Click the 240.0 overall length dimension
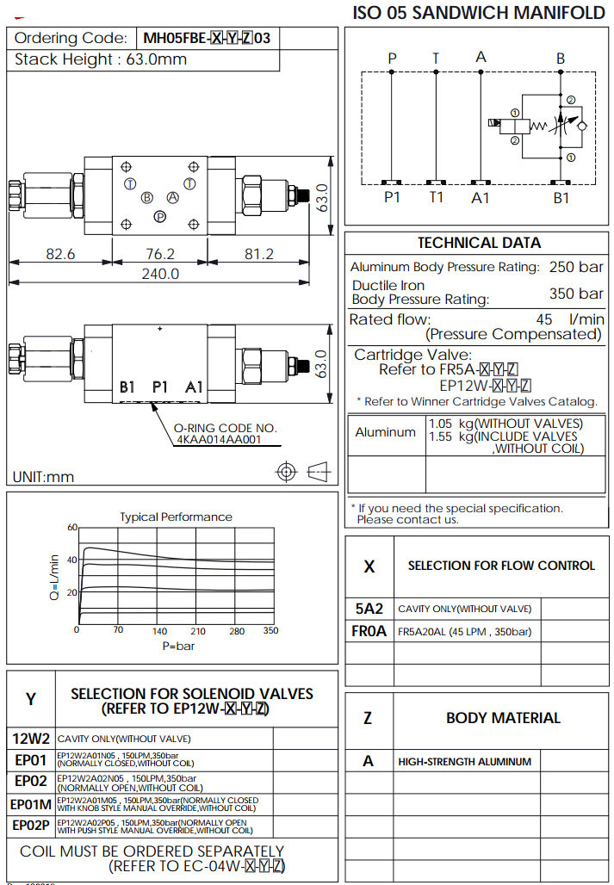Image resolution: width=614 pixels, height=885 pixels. pos(160,274)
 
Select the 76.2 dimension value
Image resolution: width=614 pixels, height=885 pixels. pos(160,254)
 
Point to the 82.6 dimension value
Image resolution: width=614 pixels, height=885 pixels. pos(60,254)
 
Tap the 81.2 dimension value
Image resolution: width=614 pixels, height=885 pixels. pos(258,254)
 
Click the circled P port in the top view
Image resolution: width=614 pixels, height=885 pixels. pos(159,217)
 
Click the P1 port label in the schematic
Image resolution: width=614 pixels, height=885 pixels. pos(393,197)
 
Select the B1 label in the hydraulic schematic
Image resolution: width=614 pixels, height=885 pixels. pos(561,197)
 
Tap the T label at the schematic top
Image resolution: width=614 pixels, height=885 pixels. pos(436,59)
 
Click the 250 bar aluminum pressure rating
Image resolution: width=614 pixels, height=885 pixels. pos(576,267)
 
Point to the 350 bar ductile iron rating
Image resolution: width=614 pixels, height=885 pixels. pos(576,294)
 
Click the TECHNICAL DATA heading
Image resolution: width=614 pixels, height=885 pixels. pos(479,243)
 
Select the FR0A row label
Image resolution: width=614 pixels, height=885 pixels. pos(369,631)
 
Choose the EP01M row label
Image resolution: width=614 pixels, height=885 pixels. pos(31,804)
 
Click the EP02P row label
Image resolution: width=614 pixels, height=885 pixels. pos(31,826)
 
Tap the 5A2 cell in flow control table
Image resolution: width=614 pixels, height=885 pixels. pos(369,609)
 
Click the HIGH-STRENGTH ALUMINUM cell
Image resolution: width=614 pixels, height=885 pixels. pos(464,761)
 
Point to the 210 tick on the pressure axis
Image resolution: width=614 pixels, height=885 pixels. pos(199,631)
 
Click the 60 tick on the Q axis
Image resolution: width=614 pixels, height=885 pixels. pos(72,528)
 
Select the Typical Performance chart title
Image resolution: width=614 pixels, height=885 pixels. pos(176,517)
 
